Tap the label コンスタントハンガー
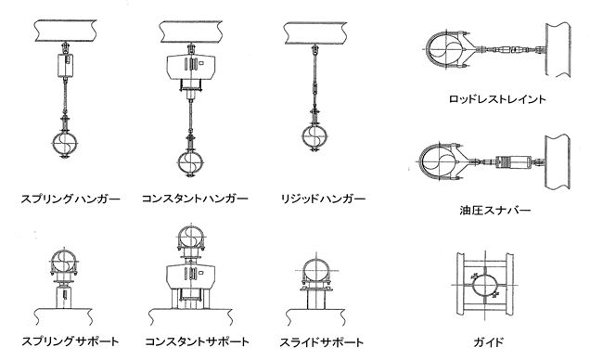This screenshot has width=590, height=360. [195, 199]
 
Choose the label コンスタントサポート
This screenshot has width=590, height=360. [195, 342]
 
